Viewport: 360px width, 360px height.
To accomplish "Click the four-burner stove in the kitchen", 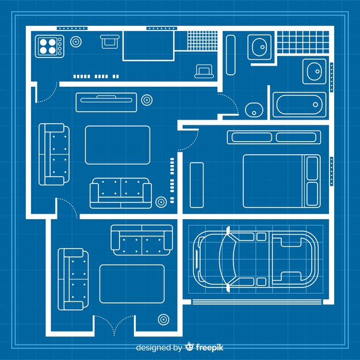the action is coord(49,46).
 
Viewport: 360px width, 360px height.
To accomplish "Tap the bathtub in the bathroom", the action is coord(299,105).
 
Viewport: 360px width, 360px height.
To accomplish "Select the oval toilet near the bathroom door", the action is coord(254,109).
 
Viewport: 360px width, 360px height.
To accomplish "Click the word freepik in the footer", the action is coord(209,347).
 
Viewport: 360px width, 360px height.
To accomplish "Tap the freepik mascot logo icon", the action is coord(189,346).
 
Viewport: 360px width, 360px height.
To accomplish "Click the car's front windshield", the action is coord(228,259).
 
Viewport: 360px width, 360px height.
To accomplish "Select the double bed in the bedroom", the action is coord(282,181).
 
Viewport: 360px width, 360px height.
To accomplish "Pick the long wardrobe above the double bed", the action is coord(274,137).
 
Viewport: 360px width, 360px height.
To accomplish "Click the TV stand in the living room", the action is coord(106,102).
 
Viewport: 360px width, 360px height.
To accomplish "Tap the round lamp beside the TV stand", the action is coord(147,100).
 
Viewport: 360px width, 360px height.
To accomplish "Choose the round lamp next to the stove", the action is coord(76,42).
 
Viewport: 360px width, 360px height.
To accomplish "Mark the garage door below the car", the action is coord(257,301).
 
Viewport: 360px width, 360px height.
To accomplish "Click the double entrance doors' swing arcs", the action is coord(114,324).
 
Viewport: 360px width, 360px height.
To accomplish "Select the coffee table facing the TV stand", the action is coord(117,145).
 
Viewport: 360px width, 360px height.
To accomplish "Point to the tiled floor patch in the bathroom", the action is coord(303,43).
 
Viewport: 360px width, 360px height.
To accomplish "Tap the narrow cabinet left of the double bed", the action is coord(197,185).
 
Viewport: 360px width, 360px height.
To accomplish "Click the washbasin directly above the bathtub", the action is coord(315,71).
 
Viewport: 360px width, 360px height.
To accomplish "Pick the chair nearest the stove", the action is coord(110,41).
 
